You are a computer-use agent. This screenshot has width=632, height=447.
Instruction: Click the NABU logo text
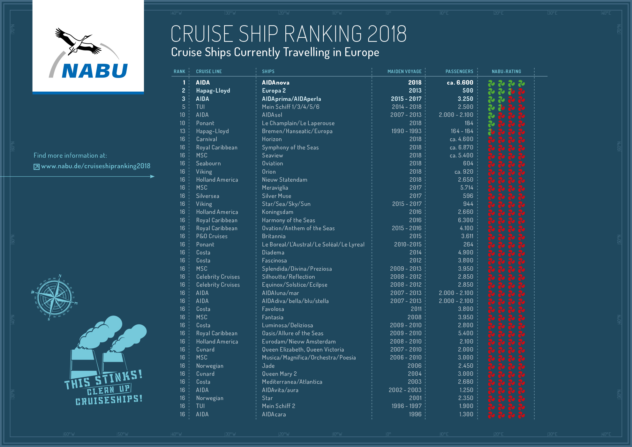pyautogui.click(x=95, y=71)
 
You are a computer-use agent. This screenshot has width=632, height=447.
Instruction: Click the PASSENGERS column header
pyautogui.click(x=459, y=72)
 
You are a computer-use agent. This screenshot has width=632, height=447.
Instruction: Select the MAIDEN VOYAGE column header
pyautogui.click(x=404, y=72)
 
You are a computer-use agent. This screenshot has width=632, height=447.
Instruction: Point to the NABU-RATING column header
pyautogui.click(x=506, y=72)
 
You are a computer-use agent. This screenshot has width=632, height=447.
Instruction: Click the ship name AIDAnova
pyautogui.click(x=275, y=83)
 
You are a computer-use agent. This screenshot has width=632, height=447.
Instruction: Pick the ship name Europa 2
pyautogui.click(x=274, y=91)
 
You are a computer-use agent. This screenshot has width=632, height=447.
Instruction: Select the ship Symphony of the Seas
pyautogui.click(x=290, y=148)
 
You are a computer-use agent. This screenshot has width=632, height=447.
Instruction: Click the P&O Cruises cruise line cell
pyautogui.click(x=212, y=236)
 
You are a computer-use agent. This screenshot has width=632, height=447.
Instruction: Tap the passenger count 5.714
pyautogui.click(x=466, y=188)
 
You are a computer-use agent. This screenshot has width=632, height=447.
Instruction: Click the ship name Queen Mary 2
pyautogui.click(x=279, y=374)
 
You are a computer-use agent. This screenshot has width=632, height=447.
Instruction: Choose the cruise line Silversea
pyautogui.click(x=207, y=196)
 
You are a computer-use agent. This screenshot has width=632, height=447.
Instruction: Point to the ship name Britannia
pyautogui.click(x=274, y=236)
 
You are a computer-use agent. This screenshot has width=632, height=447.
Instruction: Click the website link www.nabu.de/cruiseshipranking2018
pyautogui.click(x=95, y=166)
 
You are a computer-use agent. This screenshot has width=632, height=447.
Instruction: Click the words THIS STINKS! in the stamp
pyautogui.click(x=103, y=380)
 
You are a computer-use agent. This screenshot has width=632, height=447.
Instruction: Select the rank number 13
pyautogui.click(x=182, y=131)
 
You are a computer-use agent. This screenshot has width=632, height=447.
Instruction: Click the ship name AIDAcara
pyautogui.click(x=274, y=414)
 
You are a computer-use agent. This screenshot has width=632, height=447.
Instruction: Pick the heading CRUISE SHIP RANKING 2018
pyautogui.click(x=289, y=34)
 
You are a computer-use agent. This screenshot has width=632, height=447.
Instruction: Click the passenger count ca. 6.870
pyautogui.click(x=461, y=148)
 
